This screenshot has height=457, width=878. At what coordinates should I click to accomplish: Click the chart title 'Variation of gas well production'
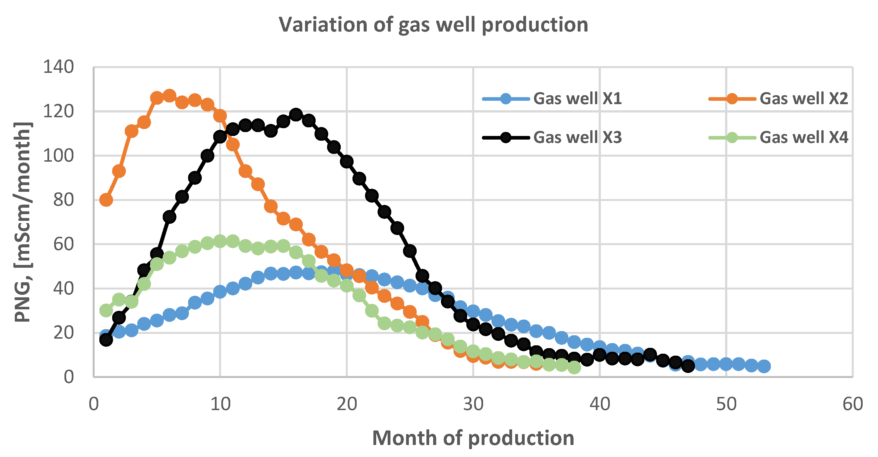(x=433, y=25)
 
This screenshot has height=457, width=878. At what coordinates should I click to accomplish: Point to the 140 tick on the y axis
(x=58, y=67)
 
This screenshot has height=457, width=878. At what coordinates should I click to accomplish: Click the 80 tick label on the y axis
(x=63, y=200)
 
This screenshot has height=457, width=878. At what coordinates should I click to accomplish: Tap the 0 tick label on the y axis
(x=68, y=377)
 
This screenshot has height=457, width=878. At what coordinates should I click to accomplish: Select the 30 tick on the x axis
(x=473, y=404)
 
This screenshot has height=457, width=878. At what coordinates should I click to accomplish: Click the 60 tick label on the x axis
(x=852, y=404)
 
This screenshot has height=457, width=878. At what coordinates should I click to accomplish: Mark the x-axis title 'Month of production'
(x=473, y=438)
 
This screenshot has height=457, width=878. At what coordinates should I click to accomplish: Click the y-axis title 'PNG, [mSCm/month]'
(x=23, y=222)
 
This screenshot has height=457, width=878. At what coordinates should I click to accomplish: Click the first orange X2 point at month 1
(x=106, y=200)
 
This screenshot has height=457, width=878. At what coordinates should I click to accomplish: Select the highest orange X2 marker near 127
(x=169, y=96)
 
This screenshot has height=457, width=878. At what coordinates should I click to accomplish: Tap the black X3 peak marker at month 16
(x=296, y=114)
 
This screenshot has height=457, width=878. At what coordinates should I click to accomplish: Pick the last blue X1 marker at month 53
(x=764, y=366)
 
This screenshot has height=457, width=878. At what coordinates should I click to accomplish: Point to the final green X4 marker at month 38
(x=574, y=368)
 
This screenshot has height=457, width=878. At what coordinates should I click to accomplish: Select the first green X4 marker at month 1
(x=106, y=310)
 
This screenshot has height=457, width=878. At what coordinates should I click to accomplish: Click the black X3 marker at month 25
(x=410, y=251)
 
